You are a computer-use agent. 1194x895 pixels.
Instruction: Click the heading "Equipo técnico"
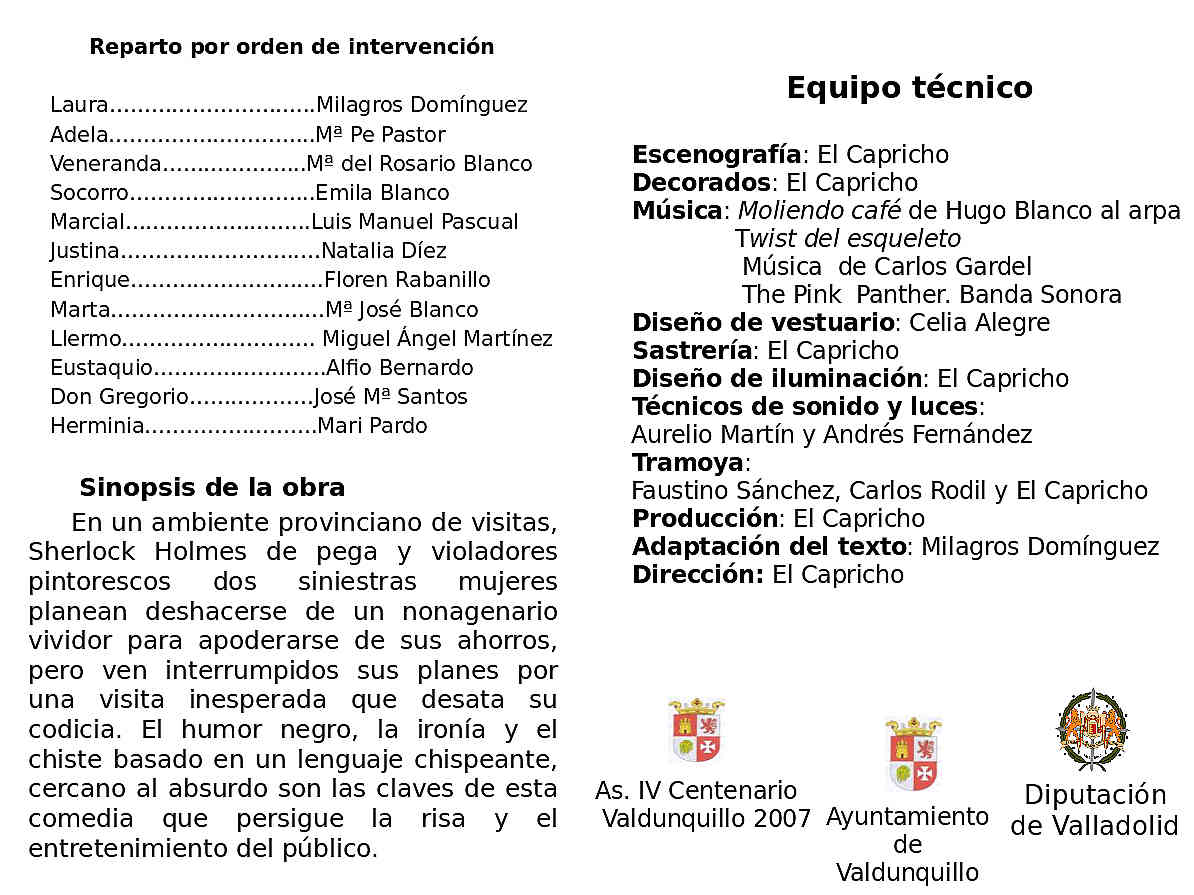pyautogui.click(x=909, y=88)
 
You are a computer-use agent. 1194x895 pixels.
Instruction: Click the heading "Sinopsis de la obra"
pyautogui.click(x=212, y=488)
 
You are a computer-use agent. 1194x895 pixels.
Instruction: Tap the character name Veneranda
pyautogui.click(x=105, y=164)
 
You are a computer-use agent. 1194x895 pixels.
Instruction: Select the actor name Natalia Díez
pyautogui.click(x=384, y=251)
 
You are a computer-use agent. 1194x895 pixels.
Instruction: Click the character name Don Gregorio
pyautogui.click(x=119, y=397)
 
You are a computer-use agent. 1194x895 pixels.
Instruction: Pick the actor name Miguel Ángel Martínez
pyautogui.click(x=437, y=339)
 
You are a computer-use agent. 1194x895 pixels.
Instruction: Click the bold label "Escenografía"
pyautogui.click(x=716, y=155)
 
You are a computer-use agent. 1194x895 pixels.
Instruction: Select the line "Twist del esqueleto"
pyautogui.click(x=848, y=239)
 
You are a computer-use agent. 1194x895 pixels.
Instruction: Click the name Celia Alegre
pyautogui.click(x=980, y=323)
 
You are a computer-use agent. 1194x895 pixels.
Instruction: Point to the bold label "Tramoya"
pyautogui.click(x=688, y=463)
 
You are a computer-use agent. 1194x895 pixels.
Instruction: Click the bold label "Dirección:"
pyautogui.click(x=698, y=575)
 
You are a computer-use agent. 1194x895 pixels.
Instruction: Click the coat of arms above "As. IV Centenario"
pyautogui.click(x=696, y=731)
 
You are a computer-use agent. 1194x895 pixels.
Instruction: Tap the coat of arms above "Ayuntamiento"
pyautogui.click(x=913, y=752)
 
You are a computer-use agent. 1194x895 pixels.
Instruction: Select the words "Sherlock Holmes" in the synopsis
pyautogui.click(x=127, y=552)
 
